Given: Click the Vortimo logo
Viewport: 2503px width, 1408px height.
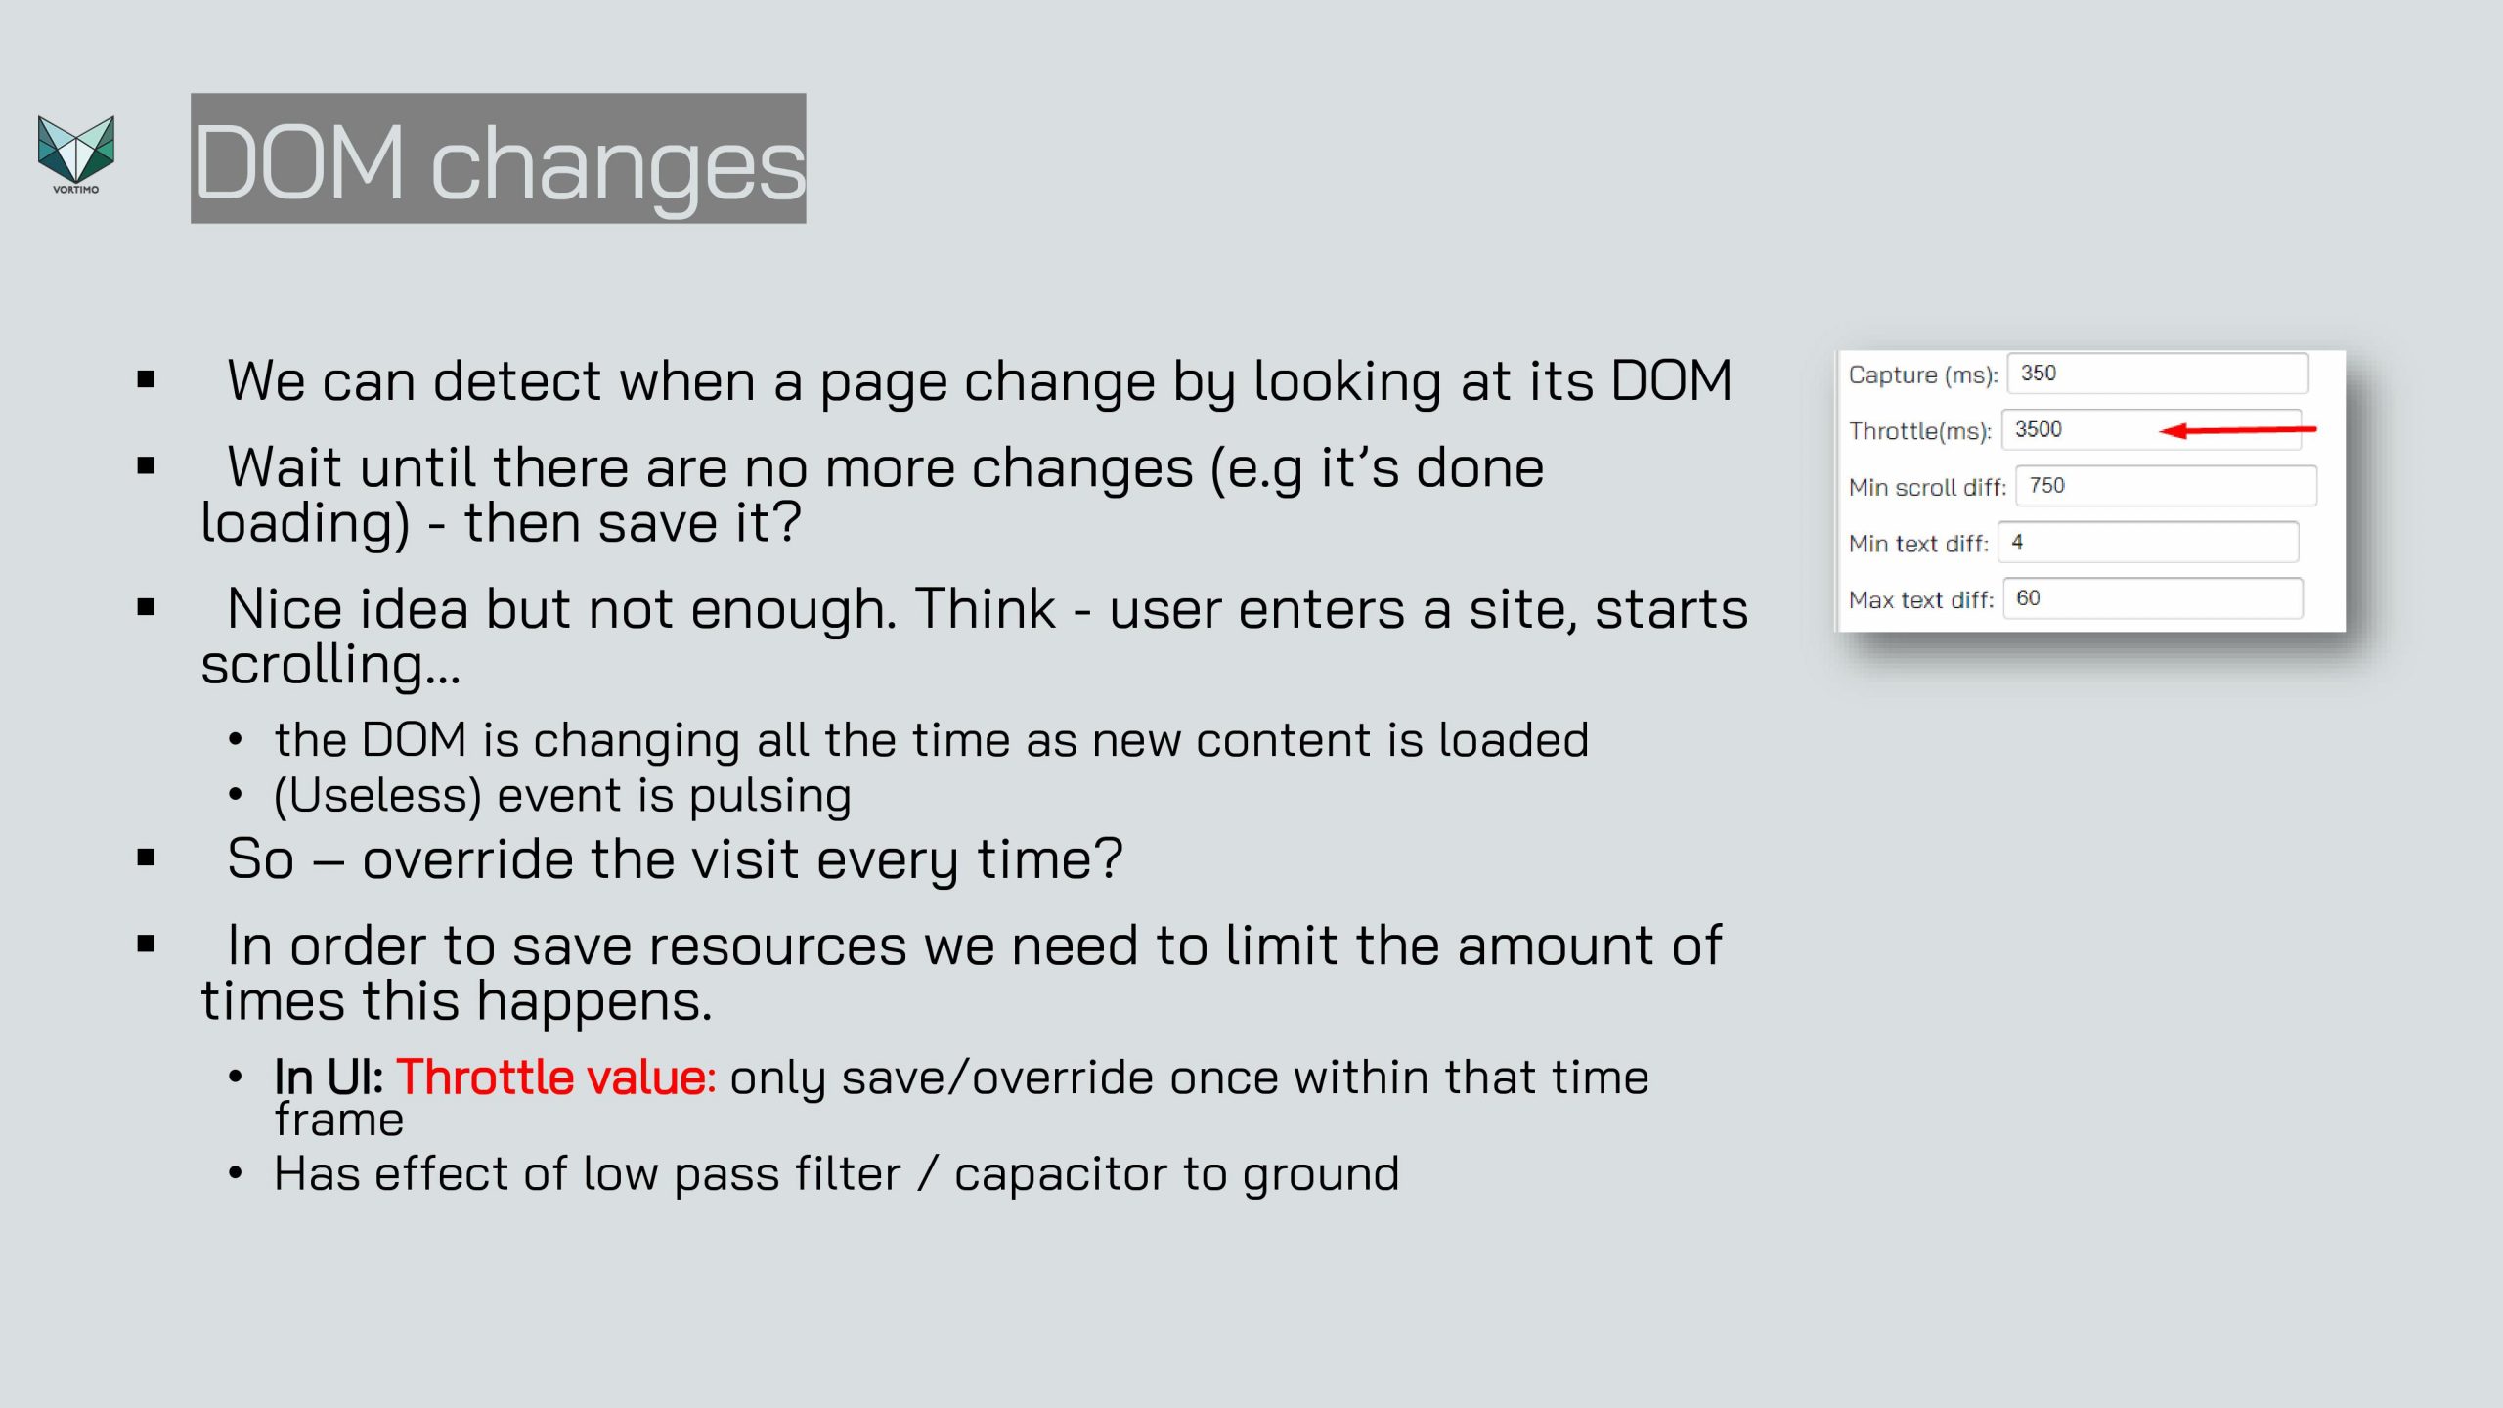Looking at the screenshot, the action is coord(76,154).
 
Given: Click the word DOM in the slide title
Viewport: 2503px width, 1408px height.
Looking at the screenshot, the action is coord(299,161).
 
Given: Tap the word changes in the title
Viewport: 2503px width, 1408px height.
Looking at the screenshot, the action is coord(618,166).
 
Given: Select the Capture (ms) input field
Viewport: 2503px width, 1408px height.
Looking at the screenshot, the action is coord(2158,374).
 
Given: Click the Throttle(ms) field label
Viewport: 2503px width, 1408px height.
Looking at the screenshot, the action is coord(1920,431).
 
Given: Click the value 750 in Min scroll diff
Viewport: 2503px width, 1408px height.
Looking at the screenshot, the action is coord(2046,486).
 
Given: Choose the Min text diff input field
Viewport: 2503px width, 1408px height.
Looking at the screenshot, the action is coord(2148,543).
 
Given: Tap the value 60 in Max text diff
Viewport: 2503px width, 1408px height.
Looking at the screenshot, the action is coord(2028,598).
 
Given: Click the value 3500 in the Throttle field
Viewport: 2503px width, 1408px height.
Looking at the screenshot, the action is coord(2038,430).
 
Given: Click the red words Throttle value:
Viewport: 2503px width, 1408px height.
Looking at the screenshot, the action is coord(555,1078).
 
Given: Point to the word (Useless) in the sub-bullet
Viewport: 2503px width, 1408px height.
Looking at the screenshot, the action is coord(378,796).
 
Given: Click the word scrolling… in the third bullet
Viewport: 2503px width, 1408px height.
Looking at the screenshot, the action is coord(330,665).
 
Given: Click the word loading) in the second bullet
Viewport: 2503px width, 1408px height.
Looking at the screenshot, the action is coord(305,524).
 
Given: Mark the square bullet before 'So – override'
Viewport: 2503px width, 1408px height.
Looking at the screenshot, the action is coord(147,858).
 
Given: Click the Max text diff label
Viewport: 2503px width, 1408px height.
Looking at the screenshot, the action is coord(1921,600).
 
